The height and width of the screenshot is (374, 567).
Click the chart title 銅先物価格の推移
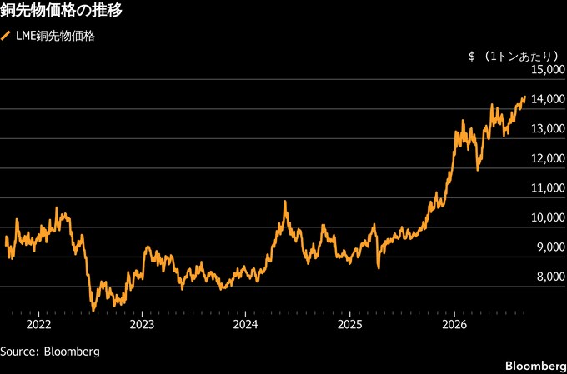coord(61,11)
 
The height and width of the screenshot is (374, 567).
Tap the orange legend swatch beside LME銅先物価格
coord(6,36)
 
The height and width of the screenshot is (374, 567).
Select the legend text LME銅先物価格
coord(55,37)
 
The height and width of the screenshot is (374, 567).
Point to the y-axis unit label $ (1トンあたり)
coord(514,57)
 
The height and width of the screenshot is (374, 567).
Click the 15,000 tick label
coord(548,69)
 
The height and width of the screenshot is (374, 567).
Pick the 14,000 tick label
coord(548,99)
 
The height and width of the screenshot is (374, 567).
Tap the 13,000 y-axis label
coord(548,128)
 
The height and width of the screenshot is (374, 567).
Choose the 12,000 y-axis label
coord(548,158)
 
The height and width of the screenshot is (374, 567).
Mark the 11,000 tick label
coord(548,188)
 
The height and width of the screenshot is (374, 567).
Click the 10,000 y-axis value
coord(548,217)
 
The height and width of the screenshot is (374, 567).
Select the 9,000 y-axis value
coord(550,247)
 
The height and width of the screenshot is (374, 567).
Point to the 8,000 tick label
coord(550,277)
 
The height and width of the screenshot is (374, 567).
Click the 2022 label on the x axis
coord(38,325)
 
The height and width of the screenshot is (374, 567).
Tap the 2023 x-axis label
coord(142,325)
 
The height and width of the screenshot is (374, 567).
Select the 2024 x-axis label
coord(245,325)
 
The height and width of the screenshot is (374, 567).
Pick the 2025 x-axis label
coord(349,325)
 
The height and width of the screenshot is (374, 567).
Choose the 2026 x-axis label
coord(454,325)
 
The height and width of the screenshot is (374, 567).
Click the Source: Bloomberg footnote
coord(50,352)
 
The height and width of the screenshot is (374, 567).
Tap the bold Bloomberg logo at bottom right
coord(535,365)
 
